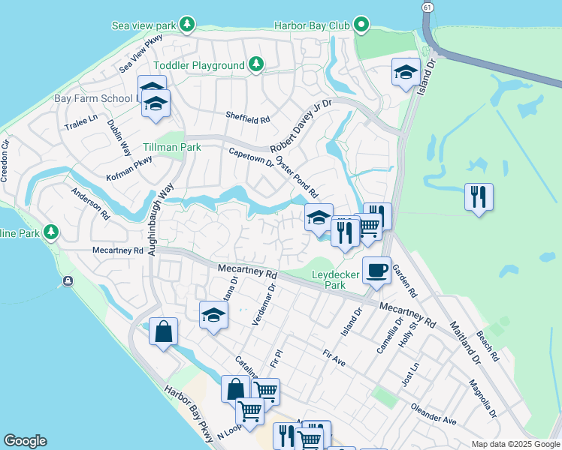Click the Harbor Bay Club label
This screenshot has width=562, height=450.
coord(312,25)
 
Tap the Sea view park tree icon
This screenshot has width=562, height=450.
coord(188,25)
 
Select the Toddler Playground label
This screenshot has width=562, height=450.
coord(199,65)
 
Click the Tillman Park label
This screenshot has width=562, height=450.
coord(172,147)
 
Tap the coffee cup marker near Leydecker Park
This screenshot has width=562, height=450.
coord(376,269)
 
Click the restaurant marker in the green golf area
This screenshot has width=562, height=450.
coord(479,197)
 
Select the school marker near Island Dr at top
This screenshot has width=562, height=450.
coord(406,73)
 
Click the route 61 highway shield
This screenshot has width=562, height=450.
coord(427,7)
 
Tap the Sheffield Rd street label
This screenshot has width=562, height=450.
coord(247,118)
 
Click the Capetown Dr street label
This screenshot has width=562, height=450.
coord(252,158)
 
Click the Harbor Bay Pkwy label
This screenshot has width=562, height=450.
coord(189,412)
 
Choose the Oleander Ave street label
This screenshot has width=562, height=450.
coord(434,415)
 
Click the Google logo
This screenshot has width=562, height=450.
coord(25,441)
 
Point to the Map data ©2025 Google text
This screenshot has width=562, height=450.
coord(515,444)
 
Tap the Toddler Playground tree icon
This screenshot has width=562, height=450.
coord(256,64)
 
